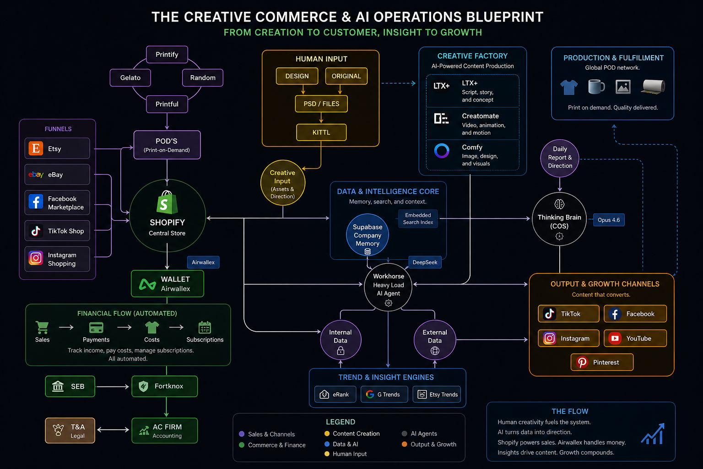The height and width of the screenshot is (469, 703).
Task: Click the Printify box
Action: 167,55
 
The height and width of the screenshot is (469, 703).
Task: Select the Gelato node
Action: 130,77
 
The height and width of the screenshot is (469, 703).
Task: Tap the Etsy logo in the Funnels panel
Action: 36,148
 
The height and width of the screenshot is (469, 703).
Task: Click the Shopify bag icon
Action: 167,202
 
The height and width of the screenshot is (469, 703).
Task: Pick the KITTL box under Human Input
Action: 321,132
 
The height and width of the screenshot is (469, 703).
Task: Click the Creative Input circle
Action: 282,183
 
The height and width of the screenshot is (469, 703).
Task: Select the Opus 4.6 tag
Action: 609,220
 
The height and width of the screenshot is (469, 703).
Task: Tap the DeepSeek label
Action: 425,262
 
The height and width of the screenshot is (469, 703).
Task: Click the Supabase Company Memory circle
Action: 368,235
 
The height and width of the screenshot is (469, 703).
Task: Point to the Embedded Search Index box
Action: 418,218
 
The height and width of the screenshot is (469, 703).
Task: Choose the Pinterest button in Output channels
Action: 602,362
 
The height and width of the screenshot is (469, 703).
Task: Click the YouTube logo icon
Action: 615,338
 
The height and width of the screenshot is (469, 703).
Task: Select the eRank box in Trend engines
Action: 335,394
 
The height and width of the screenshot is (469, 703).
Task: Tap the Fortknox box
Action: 165,386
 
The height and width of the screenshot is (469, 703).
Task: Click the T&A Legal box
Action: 70,431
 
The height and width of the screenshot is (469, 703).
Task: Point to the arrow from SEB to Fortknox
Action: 113,387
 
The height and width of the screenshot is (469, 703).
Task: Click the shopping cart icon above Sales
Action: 42,327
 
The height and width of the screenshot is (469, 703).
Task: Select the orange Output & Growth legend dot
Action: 404,444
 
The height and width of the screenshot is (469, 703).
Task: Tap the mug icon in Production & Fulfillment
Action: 596,87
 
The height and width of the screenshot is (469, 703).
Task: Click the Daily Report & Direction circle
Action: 560,158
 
